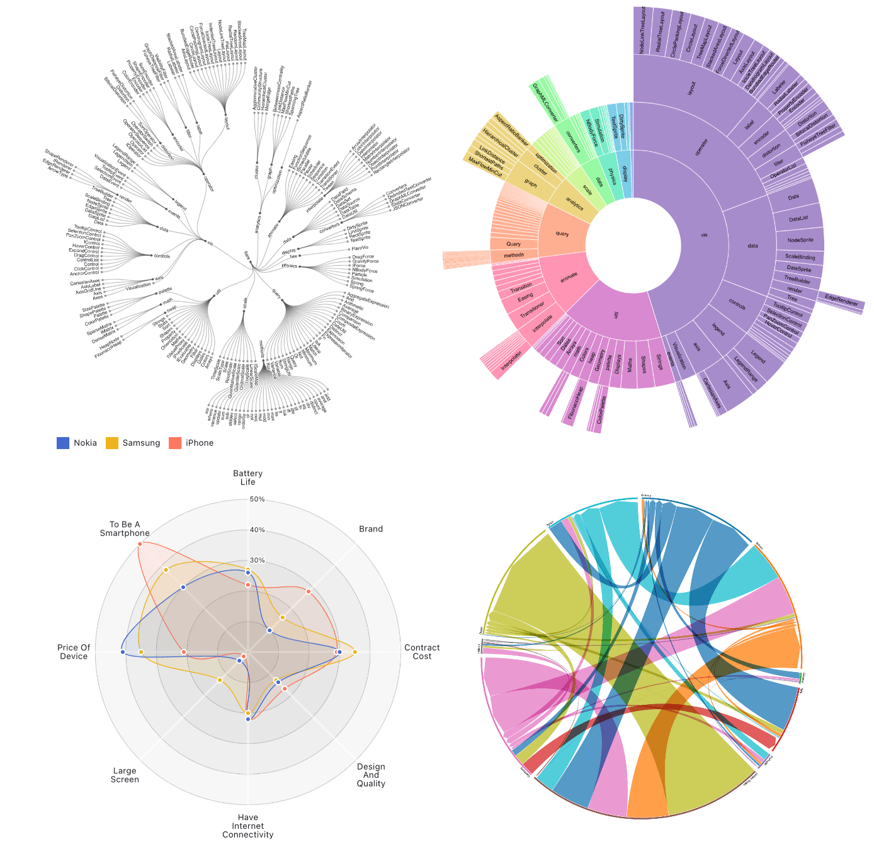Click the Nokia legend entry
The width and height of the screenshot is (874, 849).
click(x=77, y=443)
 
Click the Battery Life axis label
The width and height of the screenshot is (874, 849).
click(x=247, y=477)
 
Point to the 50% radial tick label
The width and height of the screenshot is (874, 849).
click(x=258, y=499)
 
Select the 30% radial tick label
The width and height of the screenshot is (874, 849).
click(x=258, y=561)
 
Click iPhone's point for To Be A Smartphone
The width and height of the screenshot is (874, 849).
click(x=140, y=544)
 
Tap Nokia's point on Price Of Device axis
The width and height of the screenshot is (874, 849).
click(x=123, y=652)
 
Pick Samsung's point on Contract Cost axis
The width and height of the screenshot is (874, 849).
click(x=355, y=652)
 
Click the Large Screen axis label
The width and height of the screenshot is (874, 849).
click(x=125, y=775)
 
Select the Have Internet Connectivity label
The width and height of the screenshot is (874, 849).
click(x=247, y=826)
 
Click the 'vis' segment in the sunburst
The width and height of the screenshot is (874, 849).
click(x=703, y=235)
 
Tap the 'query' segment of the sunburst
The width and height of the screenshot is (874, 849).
click(x=562, y=234)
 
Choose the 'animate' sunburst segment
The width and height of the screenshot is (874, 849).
click(x=569, y=275)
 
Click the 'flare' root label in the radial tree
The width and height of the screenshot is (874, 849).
click(x=247, y=255)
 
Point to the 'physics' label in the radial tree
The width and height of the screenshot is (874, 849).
click(x=289, y=266)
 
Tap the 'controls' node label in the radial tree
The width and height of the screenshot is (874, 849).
click(x=162, y=256)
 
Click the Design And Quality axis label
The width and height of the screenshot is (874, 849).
click(x=371, y=775)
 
